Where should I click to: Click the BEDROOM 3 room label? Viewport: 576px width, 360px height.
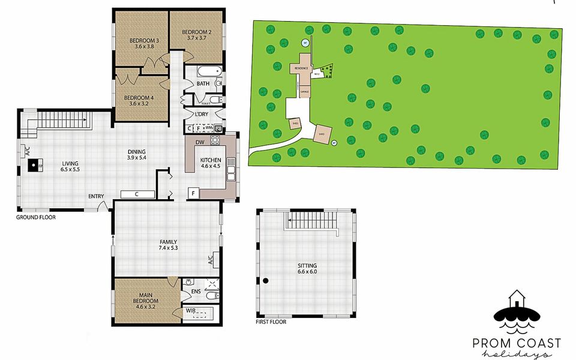point(142,43)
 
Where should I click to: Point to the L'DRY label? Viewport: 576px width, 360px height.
point(202,114)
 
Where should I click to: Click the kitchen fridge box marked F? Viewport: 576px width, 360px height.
point(193,193)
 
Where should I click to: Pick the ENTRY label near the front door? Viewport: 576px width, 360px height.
point(96,196)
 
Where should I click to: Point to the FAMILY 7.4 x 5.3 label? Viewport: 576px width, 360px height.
point(168,245)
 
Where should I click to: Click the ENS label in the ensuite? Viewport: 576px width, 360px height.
point(195,292)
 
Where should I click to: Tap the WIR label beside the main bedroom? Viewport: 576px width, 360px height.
point(190,311)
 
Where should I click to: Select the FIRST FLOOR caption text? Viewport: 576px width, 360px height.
point(271,322)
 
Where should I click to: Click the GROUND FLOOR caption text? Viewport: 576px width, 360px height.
point(36,217)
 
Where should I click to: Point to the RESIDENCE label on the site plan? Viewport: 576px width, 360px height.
point(301,68)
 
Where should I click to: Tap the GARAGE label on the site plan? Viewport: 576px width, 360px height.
point(305,91)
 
